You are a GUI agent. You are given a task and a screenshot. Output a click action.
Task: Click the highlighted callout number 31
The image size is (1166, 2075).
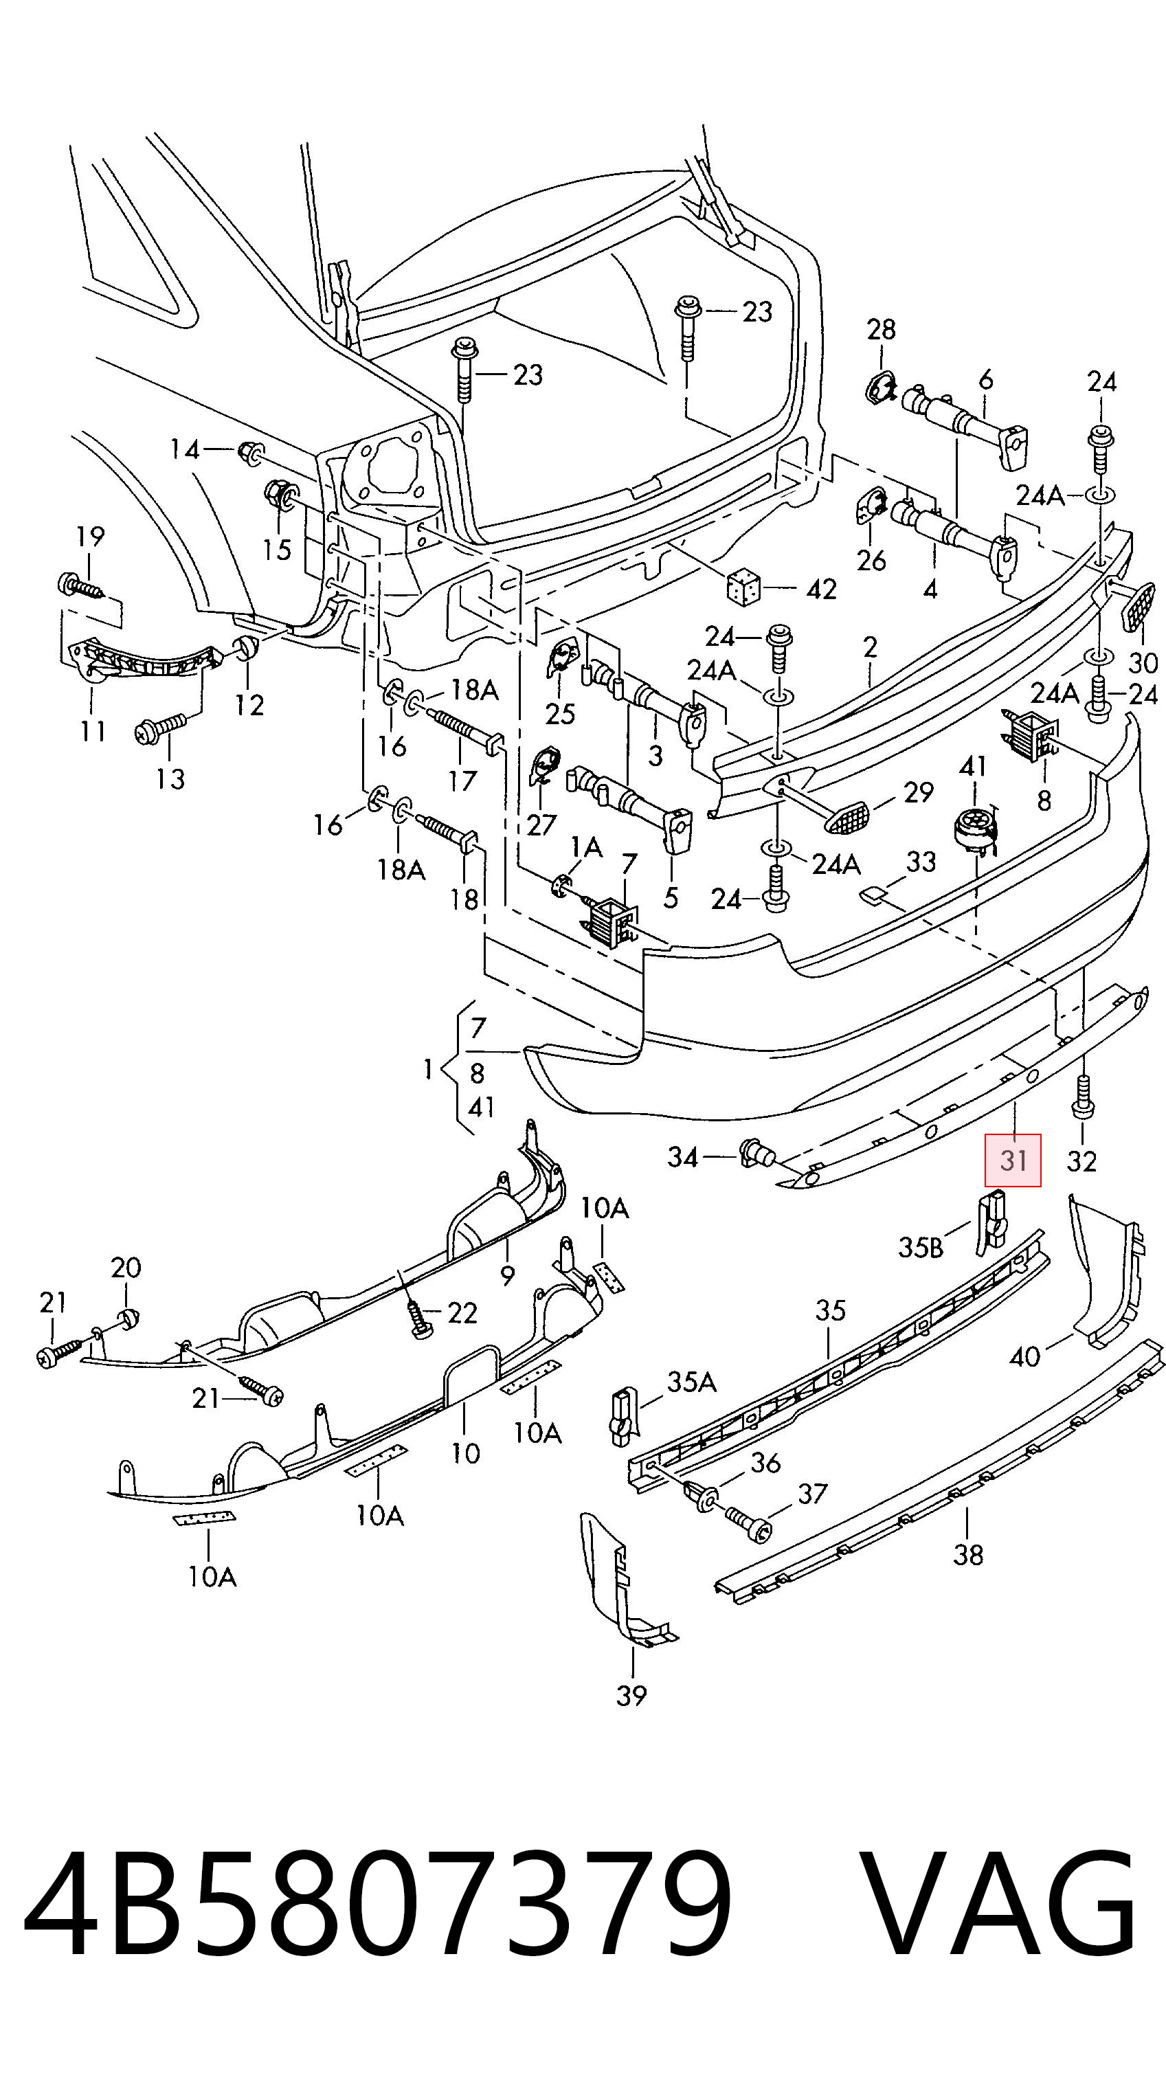pos(1012,1160)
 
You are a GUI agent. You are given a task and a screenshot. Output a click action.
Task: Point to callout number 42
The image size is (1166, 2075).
pos(821,590)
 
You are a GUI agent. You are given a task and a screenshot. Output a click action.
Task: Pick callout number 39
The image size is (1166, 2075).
pos(631,1696)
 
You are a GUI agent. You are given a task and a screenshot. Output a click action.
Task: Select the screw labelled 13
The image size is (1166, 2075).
pos(161,730)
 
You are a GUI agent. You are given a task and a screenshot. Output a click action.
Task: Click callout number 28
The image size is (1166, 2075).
pos(881,328)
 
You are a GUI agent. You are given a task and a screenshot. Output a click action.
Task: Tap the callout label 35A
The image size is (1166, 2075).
pos(692,1382)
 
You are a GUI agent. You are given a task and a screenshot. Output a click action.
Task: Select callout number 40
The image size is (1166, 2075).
pos(1024,1357)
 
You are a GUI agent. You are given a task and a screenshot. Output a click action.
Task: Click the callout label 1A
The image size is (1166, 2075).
pos(586,846)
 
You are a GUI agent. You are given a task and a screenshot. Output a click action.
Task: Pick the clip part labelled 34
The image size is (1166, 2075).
pos(755,1153)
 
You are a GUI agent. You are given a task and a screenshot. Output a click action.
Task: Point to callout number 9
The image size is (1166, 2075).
pos(507,1276)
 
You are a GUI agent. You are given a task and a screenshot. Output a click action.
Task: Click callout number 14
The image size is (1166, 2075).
pos(184,449)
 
